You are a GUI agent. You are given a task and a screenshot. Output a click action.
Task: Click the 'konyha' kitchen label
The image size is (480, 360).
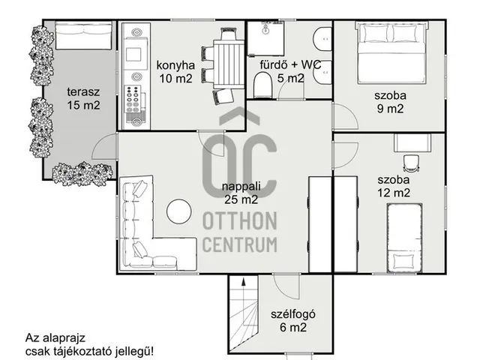[175, 65]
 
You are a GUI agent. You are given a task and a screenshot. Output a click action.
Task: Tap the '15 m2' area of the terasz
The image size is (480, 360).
[83, 105]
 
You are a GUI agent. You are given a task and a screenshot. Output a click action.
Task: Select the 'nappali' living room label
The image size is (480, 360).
[241, 187]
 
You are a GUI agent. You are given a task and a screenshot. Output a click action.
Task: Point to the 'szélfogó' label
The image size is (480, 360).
[293, 314]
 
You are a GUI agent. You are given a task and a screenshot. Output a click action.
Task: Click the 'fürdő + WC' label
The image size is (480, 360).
[290, 64]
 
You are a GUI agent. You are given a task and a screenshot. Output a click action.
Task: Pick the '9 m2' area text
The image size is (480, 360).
[390, 109]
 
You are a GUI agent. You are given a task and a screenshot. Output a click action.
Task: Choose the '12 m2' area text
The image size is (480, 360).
[393, 193]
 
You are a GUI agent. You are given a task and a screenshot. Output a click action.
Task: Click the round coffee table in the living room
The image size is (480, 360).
[179, 211]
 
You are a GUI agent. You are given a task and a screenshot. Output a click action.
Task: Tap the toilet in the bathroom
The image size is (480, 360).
[263, 85]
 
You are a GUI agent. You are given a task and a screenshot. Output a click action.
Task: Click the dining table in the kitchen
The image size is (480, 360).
[229, 64]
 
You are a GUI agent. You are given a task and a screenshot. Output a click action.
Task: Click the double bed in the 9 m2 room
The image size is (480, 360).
[391, 52]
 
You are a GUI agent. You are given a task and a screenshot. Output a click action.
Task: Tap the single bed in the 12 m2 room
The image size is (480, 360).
[404, 238]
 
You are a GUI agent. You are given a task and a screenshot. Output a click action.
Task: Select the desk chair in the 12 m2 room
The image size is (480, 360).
[411, 163]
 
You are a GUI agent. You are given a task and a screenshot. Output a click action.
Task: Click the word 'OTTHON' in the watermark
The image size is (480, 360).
[240, 221]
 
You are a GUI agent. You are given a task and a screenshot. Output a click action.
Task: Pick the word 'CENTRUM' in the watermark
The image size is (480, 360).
[240, 244]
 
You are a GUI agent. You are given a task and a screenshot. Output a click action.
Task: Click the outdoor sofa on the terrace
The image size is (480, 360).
[83, 36]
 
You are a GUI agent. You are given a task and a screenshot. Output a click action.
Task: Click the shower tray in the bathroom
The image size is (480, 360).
[265, 38]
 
